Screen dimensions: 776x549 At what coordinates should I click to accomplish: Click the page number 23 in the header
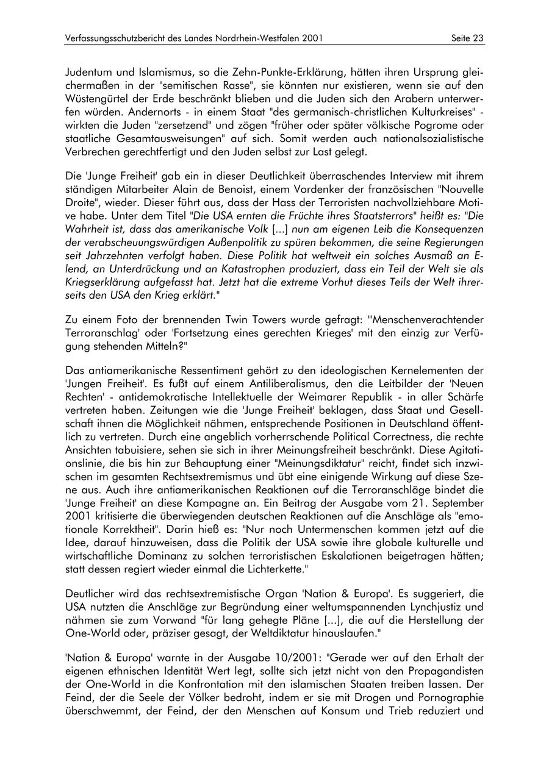tap(478, 38)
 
